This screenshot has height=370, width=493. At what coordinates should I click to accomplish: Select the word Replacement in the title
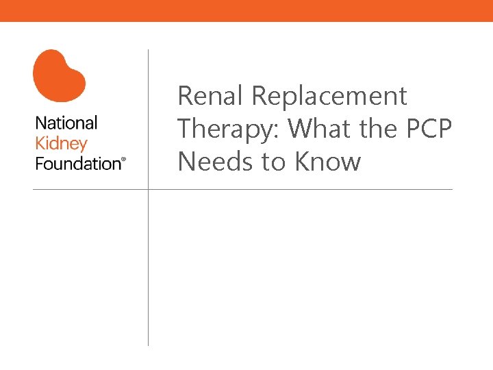click(329, 96)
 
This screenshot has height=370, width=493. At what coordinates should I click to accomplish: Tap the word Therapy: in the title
click(229, 129)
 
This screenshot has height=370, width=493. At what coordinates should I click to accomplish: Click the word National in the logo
click(66, 123)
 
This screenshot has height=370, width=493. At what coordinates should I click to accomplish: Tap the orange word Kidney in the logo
click(61, 143)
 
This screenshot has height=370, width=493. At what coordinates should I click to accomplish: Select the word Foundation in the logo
click(77, 163)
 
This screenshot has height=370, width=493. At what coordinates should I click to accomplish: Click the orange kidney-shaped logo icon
click(59, 75)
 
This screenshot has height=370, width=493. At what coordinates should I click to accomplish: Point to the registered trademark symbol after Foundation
click(124, 160)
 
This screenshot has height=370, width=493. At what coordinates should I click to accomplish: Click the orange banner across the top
click(246, 10)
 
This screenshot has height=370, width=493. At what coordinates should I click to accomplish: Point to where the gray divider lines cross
click(148, 189)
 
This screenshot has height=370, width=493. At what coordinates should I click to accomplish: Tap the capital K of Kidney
click(40, 143)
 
